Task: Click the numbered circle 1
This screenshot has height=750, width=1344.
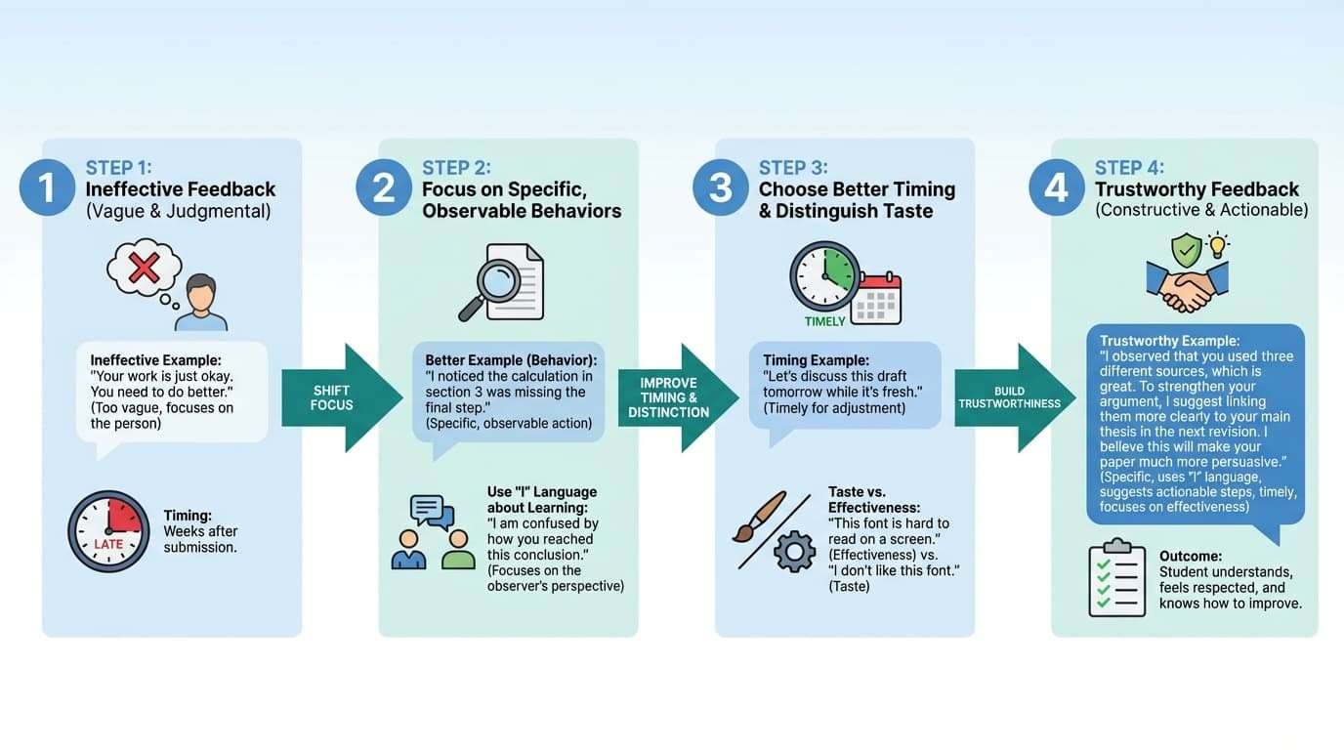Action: point(46,187)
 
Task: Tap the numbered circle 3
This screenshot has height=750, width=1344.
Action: point(720,187)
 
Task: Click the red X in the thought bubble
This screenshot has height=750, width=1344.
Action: point(144,267)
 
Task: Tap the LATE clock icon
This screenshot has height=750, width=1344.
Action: point(108,531)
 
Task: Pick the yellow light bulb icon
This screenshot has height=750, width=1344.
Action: point(1217,246)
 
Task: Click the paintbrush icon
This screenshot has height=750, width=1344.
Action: point(759,517)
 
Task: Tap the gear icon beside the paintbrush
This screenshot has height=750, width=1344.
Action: point(794,552)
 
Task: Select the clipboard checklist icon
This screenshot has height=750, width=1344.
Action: point(1116,577)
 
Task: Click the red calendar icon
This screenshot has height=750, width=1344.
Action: point(876,299)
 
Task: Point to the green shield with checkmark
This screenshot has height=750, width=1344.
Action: point(1186,249)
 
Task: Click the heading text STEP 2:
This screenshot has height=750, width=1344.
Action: point(456,168)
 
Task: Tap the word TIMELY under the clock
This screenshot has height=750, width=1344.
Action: point(824,321)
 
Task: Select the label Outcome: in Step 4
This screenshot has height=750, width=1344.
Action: point(1190,556)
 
